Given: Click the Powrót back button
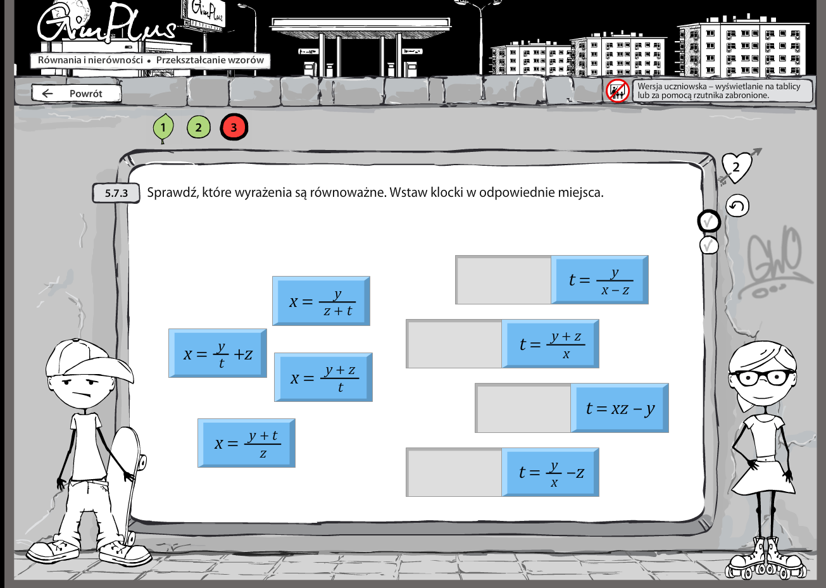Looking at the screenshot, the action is (77, 93).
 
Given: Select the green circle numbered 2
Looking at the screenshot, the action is (198, 128).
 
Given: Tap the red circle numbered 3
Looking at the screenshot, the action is (234, 127).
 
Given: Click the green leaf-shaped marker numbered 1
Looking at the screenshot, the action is (163, 128).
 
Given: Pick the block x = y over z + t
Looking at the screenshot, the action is (321, 301).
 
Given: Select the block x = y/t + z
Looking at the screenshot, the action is (218, 353).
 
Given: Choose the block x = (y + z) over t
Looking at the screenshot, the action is (323, 377).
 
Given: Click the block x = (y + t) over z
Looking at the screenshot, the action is (246, 443).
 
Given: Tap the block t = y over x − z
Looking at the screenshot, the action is (599, 280).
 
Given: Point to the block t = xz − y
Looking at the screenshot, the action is (620, 408).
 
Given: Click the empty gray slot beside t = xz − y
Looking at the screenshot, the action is (523, 408).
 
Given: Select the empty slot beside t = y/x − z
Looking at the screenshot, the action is (454, 472).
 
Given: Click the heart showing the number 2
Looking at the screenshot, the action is (736, 167).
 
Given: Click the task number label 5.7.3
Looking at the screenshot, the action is (116, 193).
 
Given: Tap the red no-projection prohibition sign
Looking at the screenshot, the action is (618, 91).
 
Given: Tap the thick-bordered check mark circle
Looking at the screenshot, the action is (709, 222).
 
